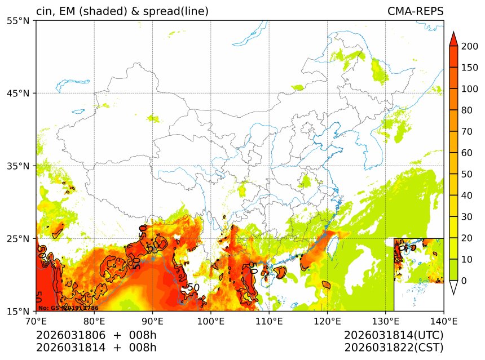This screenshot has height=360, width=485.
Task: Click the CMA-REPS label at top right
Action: (415, 11)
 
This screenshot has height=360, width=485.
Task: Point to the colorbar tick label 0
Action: (464, 281)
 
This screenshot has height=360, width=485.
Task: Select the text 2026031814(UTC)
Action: (394, 335)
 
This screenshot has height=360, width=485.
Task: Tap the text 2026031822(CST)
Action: (394, 347)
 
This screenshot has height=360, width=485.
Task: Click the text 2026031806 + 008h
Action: (96, 335)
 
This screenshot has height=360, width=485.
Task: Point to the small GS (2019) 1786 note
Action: (68, 308)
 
